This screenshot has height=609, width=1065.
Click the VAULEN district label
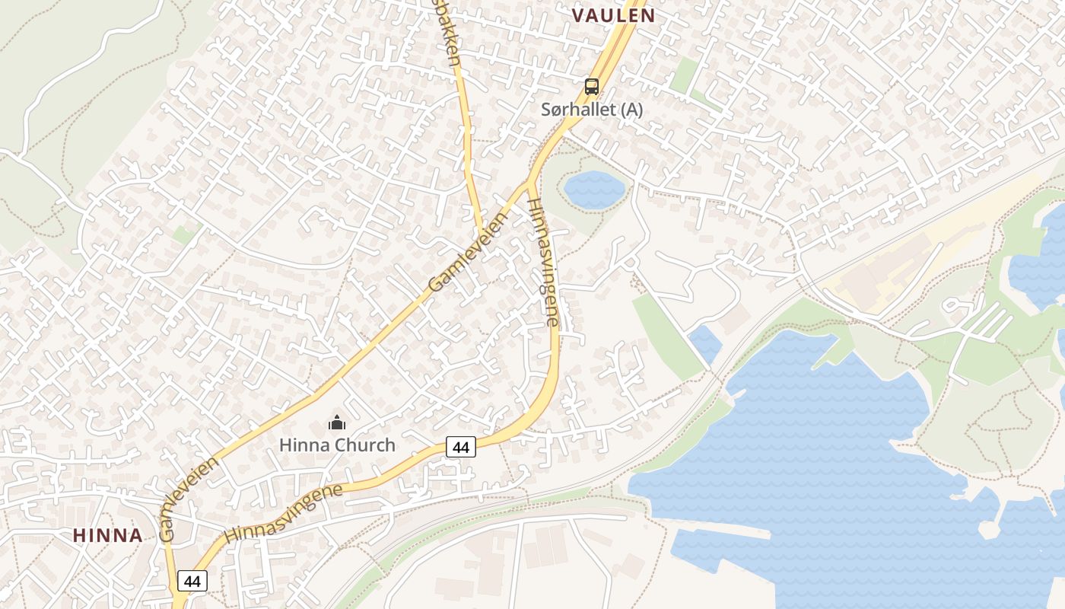(x=613, y=15)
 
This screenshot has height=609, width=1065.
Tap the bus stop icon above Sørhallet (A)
(x=591, y=87)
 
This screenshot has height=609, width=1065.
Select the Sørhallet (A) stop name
(x=591, y=110)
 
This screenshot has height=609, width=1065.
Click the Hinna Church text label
(x=337, y=445)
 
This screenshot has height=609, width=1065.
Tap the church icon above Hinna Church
(x=337, y=422)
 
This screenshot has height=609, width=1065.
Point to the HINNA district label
(x=108, y=535)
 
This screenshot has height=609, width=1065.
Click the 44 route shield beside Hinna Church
(x=461, y=447)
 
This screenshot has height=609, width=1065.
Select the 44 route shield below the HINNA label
(x=192, y=581)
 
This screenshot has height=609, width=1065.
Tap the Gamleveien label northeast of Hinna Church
(x=467, y=253)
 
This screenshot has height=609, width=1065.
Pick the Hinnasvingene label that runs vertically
(x=543, y=262)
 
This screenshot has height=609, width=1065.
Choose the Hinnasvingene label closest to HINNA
(x=284, y=512)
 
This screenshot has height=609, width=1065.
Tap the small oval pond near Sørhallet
(x=594, y=190)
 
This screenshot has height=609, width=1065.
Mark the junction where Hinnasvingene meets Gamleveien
(x=529, y=183)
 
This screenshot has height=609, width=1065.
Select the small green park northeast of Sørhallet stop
(x=685, y=75)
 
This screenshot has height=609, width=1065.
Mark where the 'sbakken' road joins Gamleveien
(x=481, y=231)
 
